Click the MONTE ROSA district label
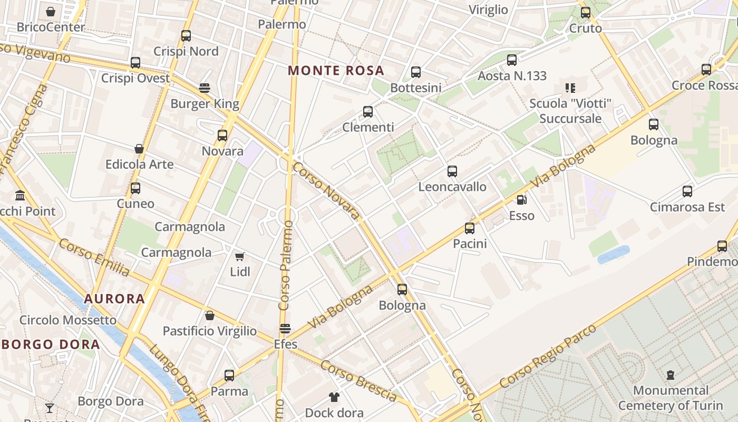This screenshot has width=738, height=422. tap(336, 70)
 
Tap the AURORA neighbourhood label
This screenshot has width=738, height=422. tap(114, 299)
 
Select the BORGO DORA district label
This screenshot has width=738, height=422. tap(51, 344)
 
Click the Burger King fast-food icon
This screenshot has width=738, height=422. tap(205, 88)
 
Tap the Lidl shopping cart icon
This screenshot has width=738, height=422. tap(240, 257)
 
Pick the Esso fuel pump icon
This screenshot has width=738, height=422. tap(521, 200)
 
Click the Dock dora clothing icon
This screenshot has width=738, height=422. tap(334, 397)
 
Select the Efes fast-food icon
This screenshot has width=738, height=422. tap(285, 329)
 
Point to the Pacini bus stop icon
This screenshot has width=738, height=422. tap(470, 228)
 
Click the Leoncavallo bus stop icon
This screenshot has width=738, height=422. tap(452, 171)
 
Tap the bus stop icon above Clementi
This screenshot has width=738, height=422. tap(368, 112)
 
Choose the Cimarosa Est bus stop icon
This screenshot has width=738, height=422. tap(687, 191)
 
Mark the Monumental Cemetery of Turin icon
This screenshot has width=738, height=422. tap(671, 375)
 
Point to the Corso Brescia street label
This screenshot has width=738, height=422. tap(358, 381)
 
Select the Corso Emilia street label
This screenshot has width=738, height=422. tap(94, 257)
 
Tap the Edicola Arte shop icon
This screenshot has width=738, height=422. tap(139, 149)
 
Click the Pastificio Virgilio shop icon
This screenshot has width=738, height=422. tap(210, 315)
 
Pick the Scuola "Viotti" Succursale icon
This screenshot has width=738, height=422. tap(570, 88)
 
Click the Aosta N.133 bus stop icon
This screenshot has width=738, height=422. tap(512, 60)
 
